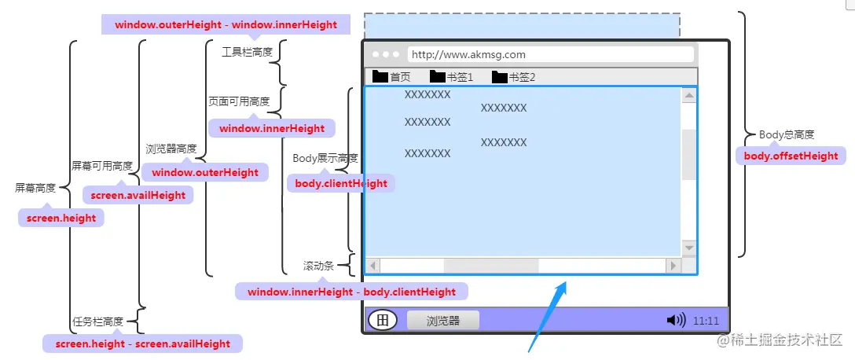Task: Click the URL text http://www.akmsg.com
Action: (x=468, y=54)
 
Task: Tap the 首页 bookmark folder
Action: (x=391, y=76)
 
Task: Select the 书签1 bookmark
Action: (x=451, y=76)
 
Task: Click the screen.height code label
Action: (x=61, y=219)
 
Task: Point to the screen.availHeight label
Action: (x=138, y=195)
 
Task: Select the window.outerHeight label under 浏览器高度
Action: (x=205, y=172)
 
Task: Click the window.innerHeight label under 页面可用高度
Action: (x=271, y=128)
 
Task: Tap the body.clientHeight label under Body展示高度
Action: (x=341, y=183)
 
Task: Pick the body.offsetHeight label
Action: (x=791, y=156)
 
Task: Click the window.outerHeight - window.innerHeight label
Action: (x=226, y=24)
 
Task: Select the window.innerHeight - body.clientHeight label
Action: (x=351, y=292)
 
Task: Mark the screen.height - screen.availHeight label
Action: (x=142, y=343)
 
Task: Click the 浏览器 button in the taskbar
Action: (x=442, y=321)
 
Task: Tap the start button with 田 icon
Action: (x=383, y=320)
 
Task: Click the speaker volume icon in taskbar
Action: (x=675, y=320)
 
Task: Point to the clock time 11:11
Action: (x=706, y=321)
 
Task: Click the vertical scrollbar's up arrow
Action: (x=689, y=96)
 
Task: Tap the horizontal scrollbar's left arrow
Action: (x=372, y=266)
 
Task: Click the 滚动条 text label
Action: (x=318, y=266)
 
